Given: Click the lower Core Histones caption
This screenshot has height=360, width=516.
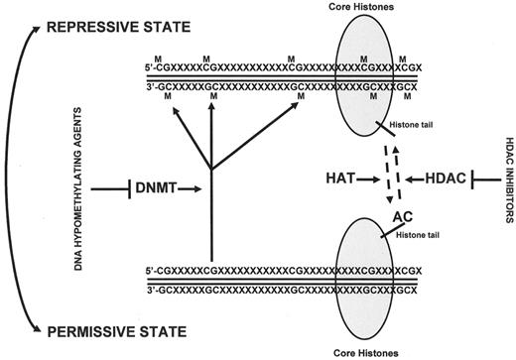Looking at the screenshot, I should coord(369,348).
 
